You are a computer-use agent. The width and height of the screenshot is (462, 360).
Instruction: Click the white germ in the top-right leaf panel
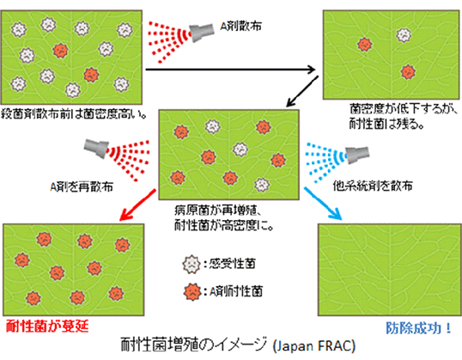pyautogui.click(x=402, y=35)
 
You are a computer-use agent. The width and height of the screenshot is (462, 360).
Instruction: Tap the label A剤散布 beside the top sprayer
pyautogui.click(x=238, y=24)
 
